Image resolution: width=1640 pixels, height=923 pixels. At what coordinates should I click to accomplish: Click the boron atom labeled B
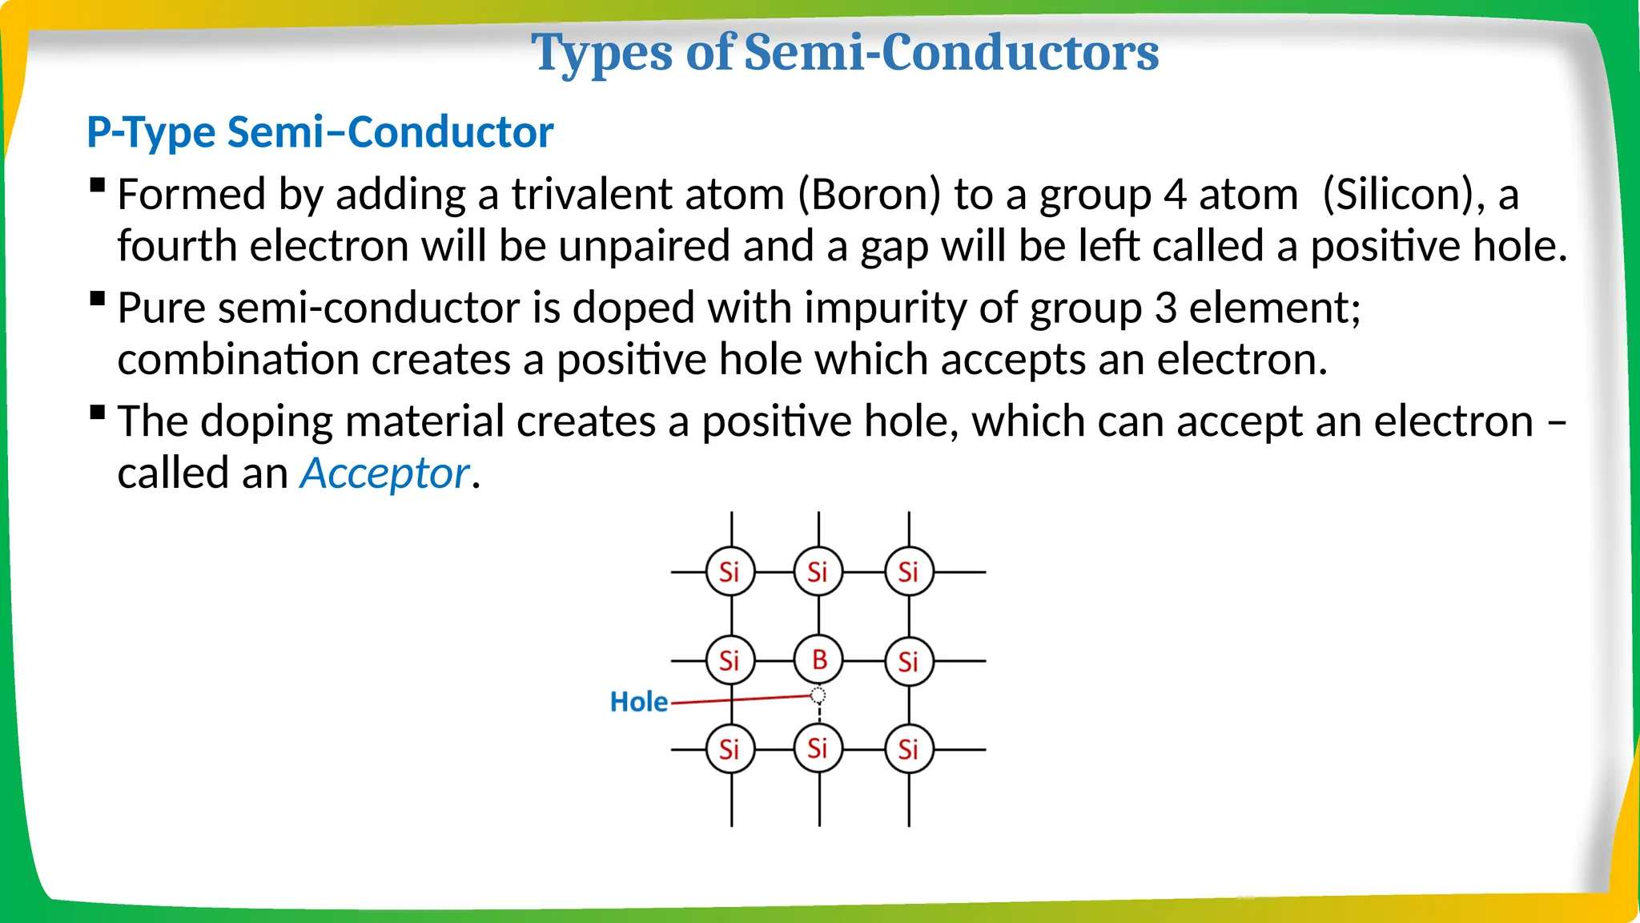coord(818,660)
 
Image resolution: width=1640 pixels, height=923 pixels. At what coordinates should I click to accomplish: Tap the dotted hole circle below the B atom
coord(818,695)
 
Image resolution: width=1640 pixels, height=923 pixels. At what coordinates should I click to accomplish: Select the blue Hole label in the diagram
coord(638,702)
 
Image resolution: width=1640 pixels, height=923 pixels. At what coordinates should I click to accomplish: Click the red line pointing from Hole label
coord(741,699)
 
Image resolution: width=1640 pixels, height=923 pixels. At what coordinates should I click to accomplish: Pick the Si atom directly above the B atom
coord(818,572)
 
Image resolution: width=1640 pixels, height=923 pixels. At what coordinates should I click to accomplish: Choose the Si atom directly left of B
coord(730,661)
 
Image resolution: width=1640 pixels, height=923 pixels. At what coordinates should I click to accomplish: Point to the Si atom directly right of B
coord(909,662)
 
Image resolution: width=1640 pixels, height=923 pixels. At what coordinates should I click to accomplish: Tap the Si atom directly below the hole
coord(818,748)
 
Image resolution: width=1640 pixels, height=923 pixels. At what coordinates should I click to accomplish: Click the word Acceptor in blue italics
coord(384,474)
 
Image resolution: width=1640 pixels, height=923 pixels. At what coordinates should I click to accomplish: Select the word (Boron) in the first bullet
coord(869,195)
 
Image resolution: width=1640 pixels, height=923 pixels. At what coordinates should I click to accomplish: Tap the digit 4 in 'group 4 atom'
coord(1175,195)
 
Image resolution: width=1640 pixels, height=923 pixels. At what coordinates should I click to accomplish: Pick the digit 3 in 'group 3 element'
coord(1165,308)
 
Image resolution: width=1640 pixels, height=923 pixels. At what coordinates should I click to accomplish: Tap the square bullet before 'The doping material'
coord(98,413)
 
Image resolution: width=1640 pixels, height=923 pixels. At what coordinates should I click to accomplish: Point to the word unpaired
coord(644,246)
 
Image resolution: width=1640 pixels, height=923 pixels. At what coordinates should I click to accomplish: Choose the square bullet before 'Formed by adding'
coord(98,187)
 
